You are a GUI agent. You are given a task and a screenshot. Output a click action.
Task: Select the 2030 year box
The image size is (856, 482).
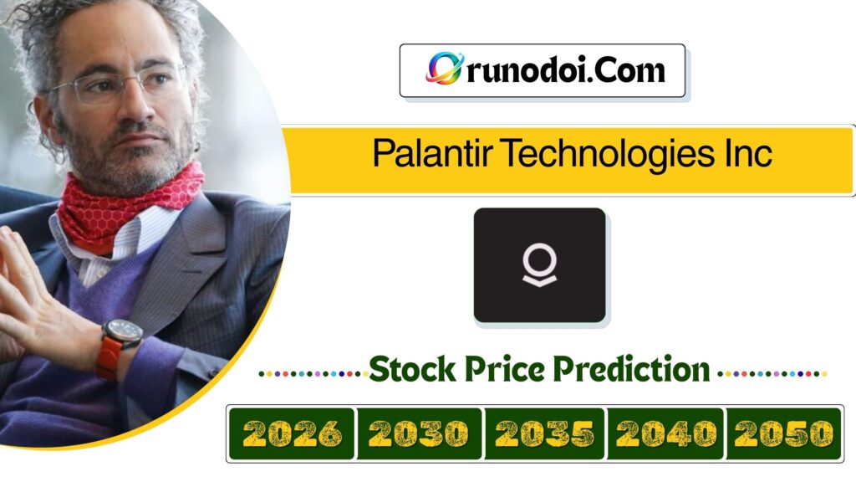[419, 433]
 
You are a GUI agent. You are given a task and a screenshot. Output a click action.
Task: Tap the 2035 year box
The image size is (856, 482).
[544, 433]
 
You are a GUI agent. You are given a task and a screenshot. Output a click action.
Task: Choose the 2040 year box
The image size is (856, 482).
[666, 433]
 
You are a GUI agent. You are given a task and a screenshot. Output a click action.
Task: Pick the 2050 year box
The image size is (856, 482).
[784, 433]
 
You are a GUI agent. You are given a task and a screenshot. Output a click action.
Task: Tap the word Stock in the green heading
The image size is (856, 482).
[412, 368]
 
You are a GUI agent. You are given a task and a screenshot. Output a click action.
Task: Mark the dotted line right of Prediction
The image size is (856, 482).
[773, 373]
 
